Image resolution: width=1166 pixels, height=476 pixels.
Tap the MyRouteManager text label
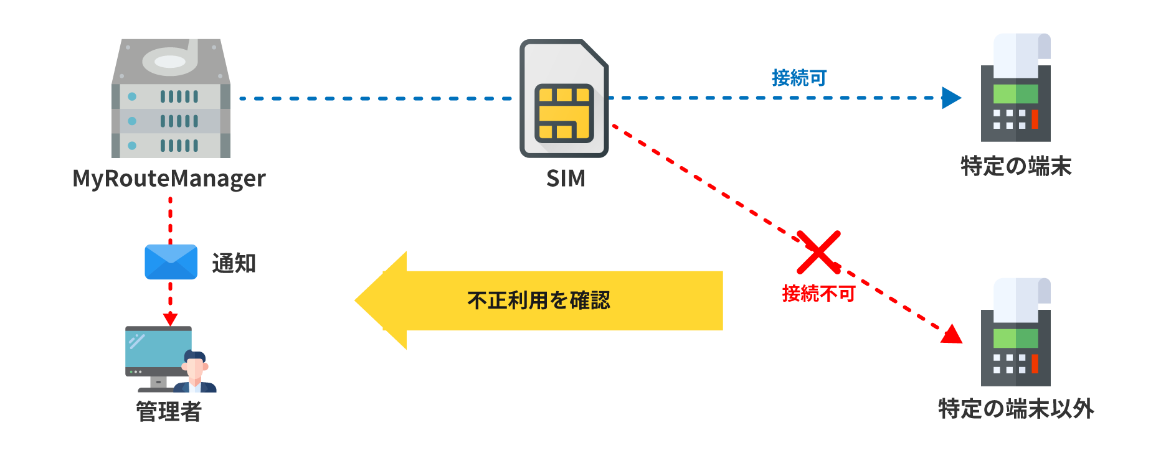169,179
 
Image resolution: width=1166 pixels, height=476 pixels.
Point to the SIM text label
566,179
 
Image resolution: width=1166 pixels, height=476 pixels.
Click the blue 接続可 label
799,78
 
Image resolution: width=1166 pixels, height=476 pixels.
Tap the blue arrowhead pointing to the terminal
950,98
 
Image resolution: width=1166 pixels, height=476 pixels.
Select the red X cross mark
818,253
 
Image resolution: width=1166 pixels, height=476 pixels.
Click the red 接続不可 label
818,293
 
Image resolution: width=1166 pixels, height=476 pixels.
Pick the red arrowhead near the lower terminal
951,335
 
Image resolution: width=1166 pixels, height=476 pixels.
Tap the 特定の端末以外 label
1015,409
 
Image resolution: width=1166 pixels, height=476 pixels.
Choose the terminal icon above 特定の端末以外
1015,332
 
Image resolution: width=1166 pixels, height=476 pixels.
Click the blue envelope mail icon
171,262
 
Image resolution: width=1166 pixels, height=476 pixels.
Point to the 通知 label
234,263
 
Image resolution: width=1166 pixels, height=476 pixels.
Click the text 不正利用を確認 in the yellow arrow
538,301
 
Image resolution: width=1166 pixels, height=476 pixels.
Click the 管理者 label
169,411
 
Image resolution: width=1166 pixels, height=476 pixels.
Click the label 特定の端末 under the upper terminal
1015,166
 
